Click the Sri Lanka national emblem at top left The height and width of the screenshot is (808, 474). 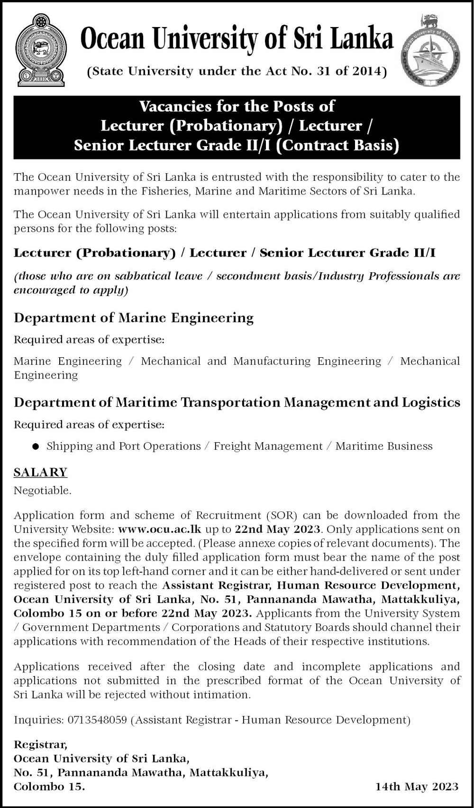(40, 50)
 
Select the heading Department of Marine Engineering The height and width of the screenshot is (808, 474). (134, 317)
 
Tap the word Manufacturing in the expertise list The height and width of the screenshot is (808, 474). (272, 361)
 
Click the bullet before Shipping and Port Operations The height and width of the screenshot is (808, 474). (36, 446)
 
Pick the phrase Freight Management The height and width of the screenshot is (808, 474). (268, 446)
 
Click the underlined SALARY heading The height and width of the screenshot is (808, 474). (40, 472)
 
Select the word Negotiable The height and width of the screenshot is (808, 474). (42, 491)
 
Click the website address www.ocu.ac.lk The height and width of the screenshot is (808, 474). (160, 529)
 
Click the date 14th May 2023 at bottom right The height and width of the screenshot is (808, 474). (417, 787)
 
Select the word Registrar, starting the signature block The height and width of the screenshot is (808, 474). (40, 744)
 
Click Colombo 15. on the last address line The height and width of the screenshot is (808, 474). (49, 787)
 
